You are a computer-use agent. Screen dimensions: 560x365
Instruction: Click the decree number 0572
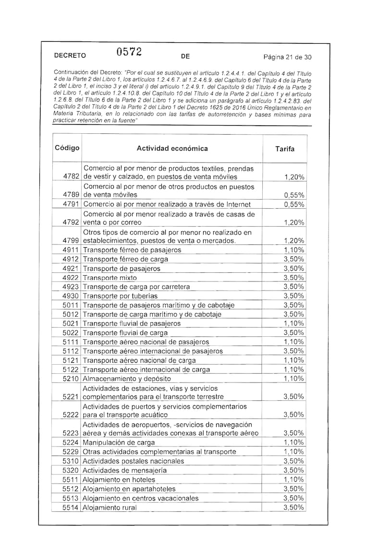128,52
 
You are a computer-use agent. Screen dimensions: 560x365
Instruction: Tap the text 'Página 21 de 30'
288,57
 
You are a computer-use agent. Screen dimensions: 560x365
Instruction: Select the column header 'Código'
67,148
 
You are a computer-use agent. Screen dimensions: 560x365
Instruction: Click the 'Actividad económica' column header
172,148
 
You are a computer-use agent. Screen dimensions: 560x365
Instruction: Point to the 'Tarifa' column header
285,149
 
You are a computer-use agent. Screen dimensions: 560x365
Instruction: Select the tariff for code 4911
293,250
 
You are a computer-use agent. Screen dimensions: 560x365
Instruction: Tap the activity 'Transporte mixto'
110,278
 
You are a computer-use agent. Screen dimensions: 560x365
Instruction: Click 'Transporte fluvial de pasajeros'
132,323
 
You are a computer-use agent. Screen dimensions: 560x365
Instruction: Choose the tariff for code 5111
293,342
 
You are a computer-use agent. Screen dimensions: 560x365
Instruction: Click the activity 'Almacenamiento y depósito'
127,379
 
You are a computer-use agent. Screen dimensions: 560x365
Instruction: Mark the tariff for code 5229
293,451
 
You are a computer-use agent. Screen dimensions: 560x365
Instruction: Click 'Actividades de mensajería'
125,470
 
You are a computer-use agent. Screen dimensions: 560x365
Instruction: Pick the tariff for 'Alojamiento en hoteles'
293,479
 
